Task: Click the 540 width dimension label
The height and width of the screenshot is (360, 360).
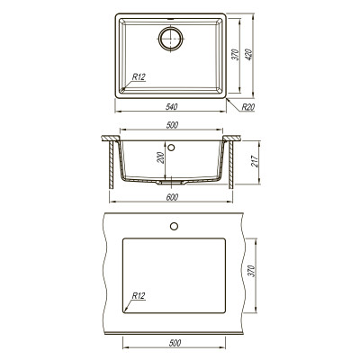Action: [x=172, y=106]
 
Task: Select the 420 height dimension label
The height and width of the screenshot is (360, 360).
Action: [x=249, y=55]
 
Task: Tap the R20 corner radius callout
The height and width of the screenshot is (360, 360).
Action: [x=248, y=107]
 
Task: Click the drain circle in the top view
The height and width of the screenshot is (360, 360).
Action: [x=171, y=39]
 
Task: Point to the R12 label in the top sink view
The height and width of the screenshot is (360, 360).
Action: [x=139, y=77]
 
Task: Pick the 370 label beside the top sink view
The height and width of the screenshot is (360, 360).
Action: [x=236, y=55]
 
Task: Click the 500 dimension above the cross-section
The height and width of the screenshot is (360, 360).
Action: [x=172, y=125]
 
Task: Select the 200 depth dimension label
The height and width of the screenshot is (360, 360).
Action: [x=161, y=157]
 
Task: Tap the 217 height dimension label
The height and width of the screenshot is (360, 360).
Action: [x=255, y=161]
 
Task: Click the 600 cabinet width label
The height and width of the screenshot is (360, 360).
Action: [x=172, y=197]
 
